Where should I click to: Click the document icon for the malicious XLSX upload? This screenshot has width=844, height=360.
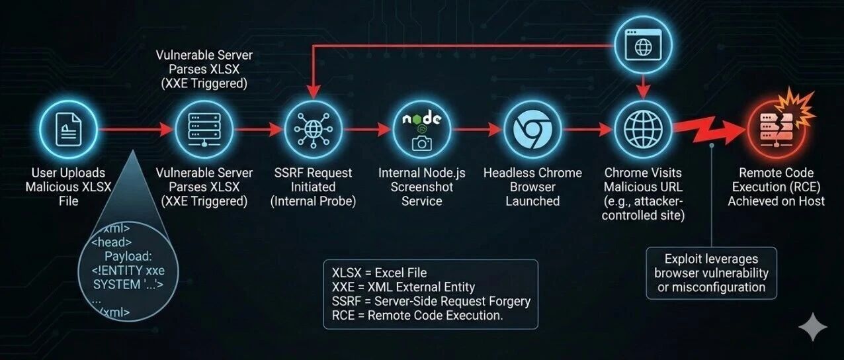[69, 129]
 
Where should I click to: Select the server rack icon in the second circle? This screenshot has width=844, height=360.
[204, 129]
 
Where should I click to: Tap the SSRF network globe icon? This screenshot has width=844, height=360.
[314, 129]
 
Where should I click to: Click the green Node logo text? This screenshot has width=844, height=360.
[421, 118]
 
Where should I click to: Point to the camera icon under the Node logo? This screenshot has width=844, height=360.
[421, 143]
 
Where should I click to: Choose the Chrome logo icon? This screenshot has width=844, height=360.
[532, 129]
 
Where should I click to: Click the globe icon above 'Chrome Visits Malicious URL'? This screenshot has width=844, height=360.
[643, 129]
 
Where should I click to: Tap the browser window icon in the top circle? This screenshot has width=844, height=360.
[643, 45]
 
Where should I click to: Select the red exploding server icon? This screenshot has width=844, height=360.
[776, 129]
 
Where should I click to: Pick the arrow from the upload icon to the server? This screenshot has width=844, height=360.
[136, 129]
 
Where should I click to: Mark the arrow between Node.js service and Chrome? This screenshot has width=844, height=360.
[478, 129]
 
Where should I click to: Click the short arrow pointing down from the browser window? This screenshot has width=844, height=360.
[643, 87]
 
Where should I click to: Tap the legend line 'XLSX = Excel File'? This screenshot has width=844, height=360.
[379, 273]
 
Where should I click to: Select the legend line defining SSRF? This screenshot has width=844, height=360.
[431, 301]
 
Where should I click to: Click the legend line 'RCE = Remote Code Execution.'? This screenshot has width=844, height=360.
[417, 315]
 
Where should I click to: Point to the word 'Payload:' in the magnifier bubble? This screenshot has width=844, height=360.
[128, 256]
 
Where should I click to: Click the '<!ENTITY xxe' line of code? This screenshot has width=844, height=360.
[128, 270]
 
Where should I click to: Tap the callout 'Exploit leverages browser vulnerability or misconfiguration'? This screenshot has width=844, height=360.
[711, 273]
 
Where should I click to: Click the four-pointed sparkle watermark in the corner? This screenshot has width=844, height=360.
[813, 326]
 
